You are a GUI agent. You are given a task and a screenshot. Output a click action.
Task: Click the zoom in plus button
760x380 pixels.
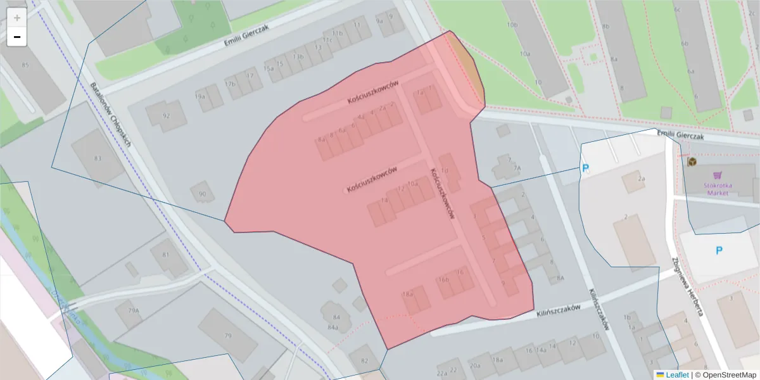[17, 18]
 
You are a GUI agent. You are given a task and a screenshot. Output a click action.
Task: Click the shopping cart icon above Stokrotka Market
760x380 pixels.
[717, 175]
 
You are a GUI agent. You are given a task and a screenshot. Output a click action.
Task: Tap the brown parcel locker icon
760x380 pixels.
[692, 161]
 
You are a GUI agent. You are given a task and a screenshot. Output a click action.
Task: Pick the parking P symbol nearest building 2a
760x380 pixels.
[586, 168]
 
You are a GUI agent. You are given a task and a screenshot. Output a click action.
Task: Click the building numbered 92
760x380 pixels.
[166, 115]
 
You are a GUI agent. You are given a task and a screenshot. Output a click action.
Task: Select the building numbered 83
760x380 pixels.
[98, 158]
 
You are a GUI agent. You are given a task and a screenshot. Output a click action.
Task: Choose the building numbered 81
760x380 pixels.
[167, 256]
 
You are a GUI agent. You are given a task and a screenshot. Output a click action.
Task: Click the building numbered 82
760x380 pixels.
[364, 358]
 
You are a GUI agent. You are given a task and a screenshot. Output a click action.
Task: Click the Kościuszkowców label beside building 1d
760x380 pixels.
[442, 193]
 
